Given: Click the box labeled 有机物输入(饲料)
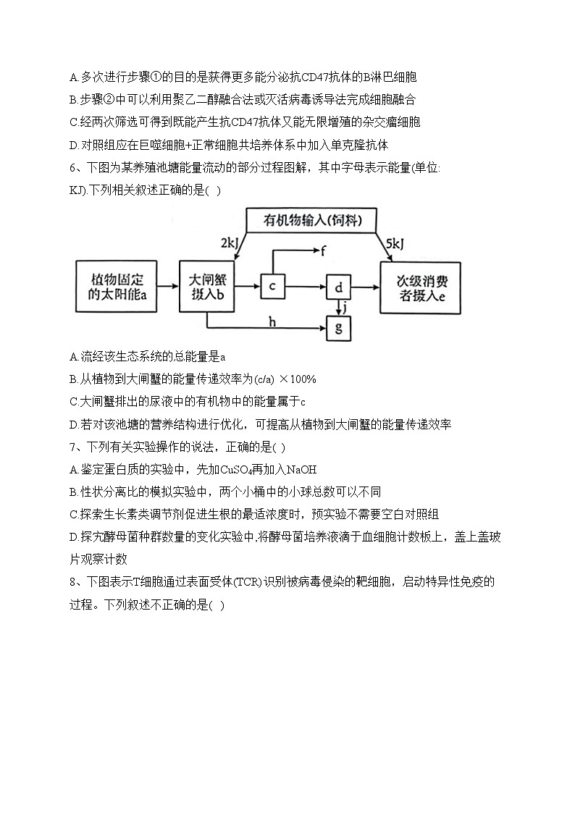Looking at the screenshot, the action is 313,219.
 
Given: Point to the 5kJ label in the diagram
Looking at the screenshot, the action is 395,243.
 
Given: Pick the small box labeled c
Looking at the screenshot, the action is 272,287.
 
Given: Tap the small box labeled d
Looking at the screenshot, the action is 339,287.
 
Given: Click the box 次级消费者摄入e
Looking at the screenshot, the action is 421,287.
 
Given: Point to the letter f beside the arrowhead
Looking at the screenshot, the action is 324,251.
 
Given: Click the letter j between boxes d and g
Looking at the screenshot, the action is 346,307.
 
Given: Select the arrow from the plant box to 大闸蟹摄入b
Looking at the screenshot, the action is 169,287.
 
